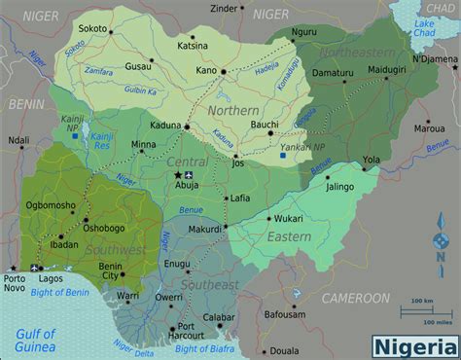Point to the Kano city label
pyautogui.click(x=204, y=71)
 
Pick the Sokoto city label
pyautogui.click(x=93, y=30)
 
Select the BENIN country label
pyautogui.click(x=22, y=102)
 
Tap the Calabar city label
pyautogui.click(x=220, y=317)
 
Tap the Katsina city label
pyautogui.click(x=194, y=45)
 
